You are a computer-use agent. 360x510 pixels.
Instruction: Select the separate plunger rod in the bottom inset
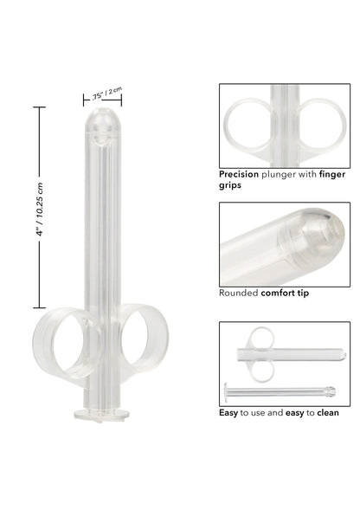277,391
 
